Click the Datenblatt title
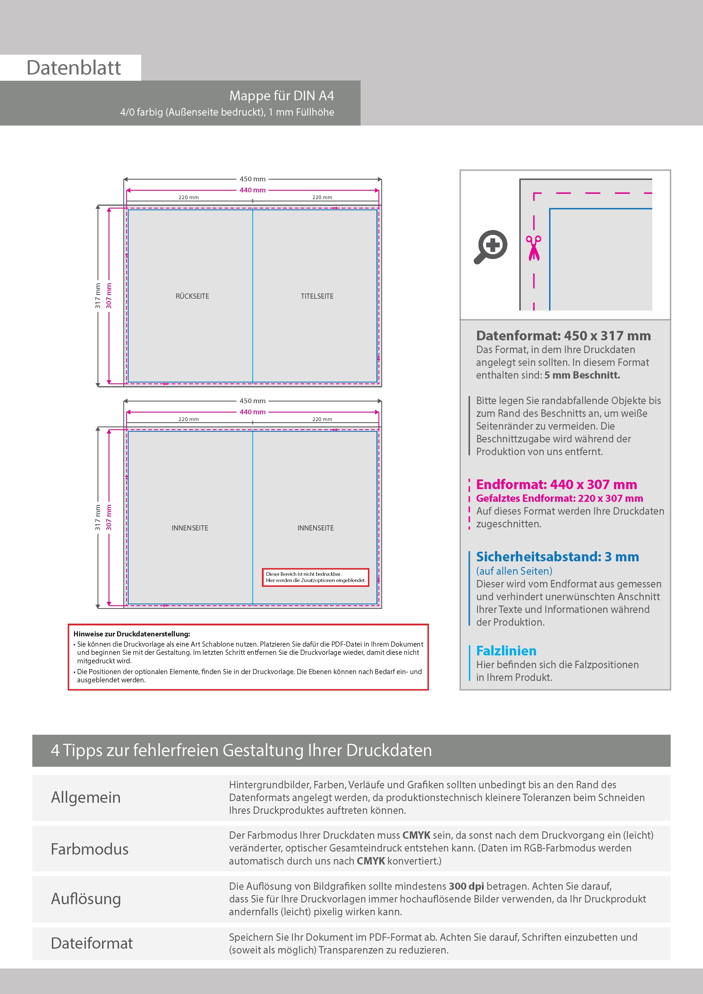click(x=74, y=68)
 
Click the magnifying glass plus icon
click(x=491, y=246)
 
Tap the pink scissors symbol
click(x=534, y=248)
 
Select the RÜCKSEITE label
click(x=192, y=296)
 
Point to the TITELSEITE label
click(x=317, y=296)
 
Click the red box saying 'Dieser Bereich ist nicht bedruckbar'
click(x=315, y=577)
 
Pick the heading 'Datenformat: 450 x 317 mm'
click(x=563, y=335)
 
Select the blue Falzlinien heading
click(x=506, y=651)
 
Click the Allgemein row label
click(x=86, y=797)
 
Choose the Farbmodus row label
click(x=90, y=849)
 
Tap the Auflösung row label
click(x=86, y=899)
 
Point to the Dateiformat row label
click(x=92, y=943)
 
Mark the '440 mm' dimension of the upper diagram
click(x=253, y=190)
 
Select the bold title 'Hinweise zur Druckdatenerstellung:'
click(x=132, y=634)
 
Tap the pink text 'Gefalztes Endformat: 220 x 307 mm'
click(x=559, y=498)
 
